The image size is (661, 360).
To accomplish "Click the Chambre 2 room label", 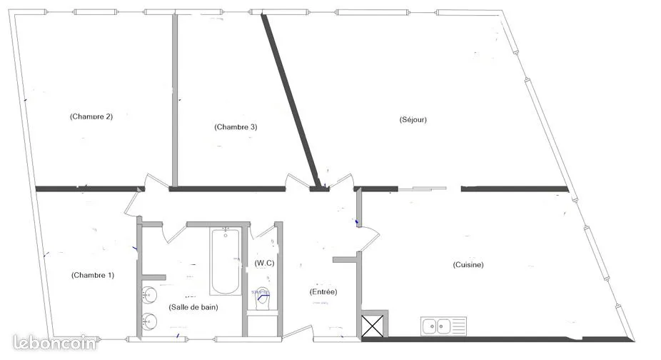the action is click(x=91, y=116).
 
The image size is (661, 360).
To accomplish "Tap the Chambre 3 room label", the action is click(x=236, y=126).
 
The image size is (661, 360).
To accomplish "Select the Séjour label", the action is click(x=413, y=119).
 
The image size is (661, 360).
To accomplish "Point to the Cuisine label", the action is click(x=468, y=264).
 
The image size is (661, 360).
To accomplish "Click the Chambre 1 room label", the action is click(x=93, y=275).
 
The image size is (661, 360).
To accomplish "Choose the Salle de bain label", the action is click(x=193, y=307).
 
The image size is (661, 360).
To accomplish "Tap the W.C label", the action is click(x=264, y=263).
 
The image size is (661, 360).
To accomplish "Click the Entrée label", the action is click(x=323, y=291).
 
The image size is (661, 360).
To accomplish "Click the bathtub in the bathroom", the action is click(x=226, y=261).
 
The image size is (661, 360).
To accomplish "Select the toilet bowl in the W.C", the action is click(x=262, y=299).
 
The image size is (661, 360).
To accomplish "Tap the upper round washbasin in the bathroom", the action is click(x=148, y=294).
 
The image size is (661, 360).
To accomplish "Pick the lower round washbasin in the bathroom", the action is click(x=148, y=322).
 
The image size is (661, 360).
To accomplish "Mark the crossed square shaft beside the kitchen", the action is click(x=373, y=326).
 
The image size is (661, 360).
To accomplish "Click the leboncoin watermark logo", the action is click(x=54, y=342).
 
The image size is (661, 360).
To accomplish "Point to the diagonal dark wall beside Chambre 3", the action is click(x=291, y=101).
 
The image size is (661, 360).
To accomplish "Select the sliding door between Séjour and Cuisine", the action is click(x=423, y=189).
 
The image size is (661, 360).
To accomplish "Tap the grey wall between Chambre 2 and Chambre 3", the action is click(x=174, y=100).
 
